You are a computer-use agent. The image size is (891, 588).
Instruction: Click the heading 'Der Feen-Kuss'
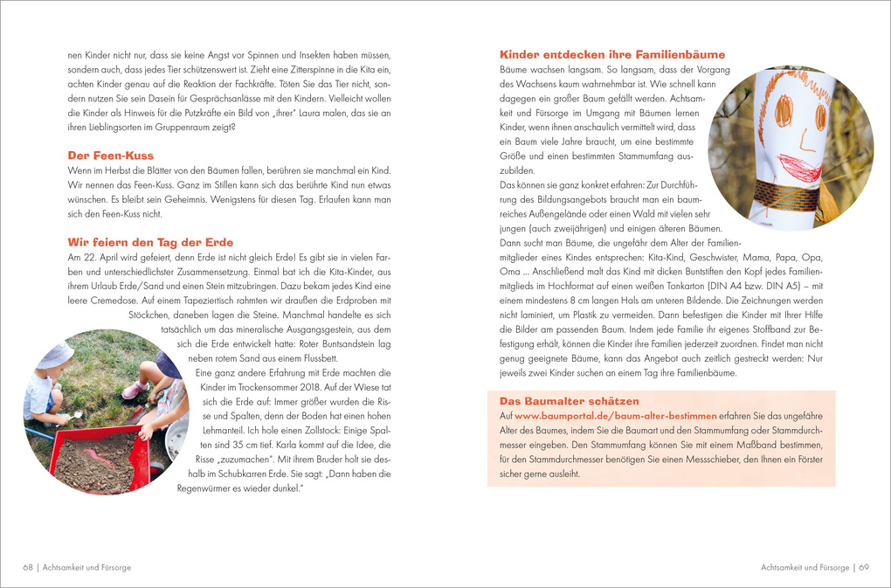tap(110, 156)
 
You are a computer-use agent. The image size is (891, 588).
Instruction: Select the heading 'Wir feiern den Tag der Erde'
tap(150, 242)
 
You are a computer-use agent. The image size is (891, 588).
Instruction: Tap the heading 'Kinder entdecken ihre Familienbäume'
tap(611, 54)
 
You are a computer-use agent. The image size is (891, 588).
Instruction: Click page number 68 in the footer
tap(28, 567)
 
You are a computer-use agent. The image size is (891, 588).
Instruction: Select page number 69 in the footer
tap(863, 567)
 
